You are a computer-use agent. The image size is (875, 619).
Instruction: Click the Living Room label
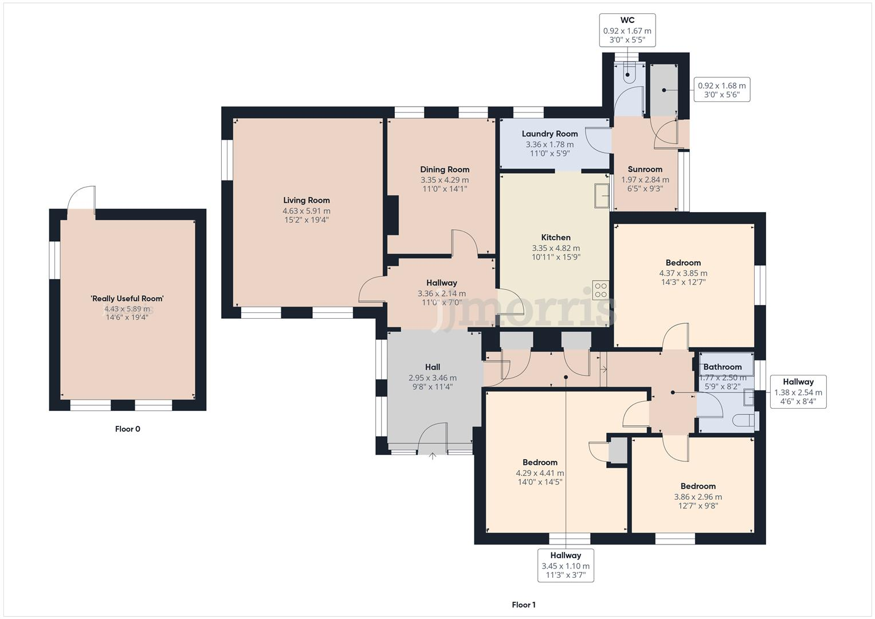click(x=307, y=200)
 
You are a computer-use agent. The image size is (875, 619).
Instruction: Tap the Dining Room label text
click(x=445, y=169)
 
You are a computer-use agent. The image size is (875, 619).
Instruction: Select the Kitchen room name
click(x=555, y=237)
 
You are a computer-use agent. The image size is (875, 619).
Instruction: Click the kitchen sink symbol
click(x=601, y=195)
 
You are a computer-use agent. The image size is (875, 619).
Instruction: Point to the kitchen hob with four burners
click(x=601, y=290)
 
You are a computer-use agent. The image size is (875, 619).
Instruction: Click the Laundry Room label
click(x=550, y=134)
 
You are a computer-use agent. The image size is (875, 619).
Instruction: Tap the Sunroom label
click(x=645, y=169)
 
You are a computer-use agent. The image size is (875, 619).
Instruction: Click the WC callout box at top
click(x=627, y=30)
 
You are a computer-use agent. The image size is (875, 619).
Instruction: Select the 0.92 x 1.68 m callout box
click(x=721, y=90)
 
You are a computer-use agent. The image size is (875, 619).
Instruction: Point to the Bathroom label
click(x=722, y=367)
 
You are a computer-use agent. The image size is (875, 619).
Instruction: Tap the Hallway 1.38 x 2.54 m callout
click(x=798, y=391)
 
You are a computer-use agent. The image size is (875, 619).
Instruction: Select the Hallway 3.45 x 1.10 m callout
click(x=566, y=565)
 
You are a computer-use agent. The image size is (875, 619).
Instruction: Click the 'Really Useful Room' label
click(x=127, y=299)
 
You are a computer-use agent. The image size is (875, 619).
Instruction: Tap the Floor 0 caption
click(x=127, y=429)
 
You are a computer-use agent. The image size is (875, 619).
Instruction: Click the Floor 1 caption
click(x=523, y=605)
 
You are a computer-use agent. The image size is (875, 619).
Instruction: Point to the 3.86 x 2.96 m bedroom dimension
click(x=698, y=497)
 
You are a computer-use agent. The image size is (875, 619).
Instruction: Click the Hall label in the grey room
click(x=433, y=367)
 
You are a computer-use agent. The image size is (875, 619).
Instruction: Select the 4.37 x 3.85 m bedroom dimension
click(x=683, y=273)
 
